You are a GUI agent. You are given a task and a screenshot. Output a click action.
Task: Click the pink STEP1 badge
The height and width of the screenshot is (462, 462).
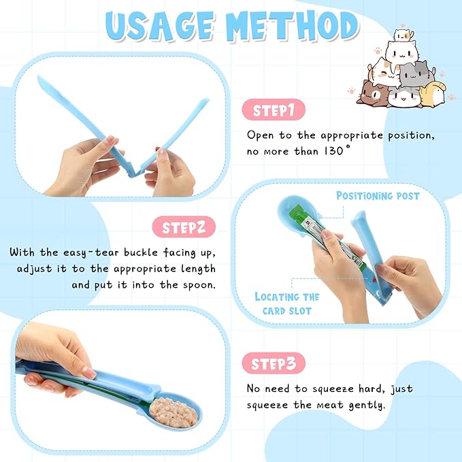274,110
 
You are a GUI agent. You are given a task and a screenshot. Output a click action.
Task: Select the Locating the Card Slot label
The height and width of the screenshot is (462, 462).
286,303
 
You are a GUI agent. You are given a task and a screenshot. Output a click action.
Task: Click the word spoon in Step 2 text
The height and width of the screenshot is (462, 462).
200,284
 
